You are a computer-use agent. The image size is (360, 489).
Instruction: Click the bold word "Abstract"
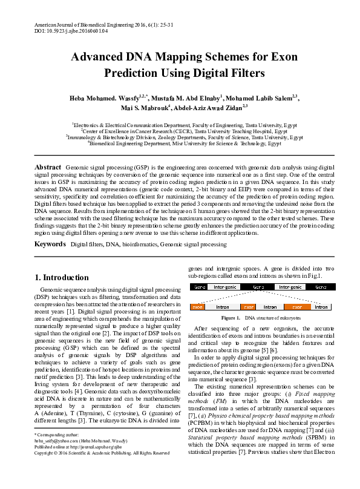click(x=48, y=166)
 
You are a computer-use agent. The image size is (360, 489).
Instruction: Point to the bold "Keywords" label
click(x=51, y=244)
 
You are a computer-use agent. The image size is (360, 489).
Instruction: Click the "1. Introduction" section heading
click(x=61, y=278)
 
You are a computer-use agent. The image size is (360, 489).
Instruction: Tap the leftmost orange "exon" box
click(x=197, y=307)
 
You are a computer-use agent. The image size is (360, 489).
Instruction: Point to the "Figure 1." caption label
click(x=232, y=318)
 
